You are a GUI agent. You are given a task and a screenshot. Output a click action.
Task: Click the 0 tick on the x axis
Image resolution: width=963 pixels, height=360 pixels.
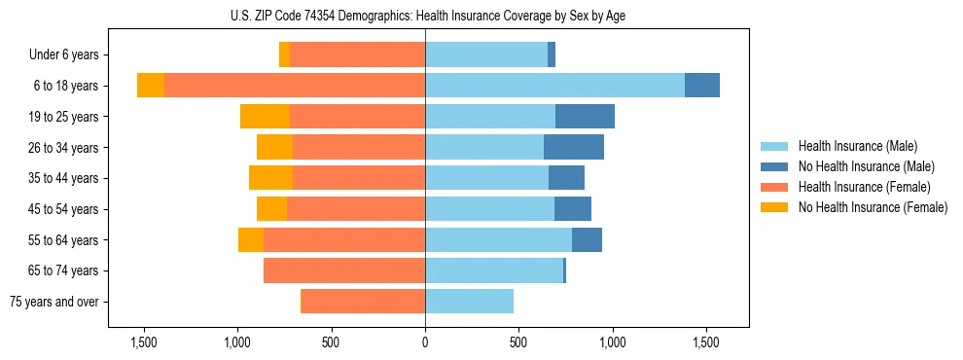425,343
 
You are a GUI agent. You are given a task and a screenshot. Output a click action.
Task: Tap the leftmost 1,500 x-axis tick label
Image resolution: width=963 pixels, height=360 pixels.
144,343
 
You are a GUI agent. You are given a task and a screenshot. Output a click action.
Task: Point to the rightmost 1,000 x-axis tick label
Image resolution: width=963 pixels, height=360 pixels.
612,343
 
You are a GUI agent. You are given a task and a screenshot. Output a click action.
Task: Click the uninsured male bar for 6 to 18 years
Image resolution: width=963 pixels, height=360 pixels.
702,86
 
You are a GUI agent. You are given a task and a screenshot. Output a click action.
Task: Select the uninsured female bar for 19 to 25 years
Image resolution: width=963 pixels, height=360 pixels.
265,117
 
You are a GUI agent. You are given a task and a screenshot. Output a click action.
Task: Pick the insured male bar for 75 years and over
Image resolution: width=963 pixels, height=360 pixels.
469,302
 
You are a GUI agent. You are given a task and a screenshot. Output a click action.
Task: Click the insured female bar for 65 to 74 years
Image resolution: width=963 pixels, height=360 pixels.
344,270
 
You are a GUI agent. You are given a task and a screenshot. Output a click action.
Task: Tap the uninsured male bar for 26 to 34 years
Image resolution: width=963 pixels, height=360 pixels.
574,148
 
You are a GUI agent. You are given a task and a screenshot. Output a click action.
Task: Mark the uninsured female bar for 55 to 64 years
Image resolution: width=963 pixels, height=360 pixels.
251,240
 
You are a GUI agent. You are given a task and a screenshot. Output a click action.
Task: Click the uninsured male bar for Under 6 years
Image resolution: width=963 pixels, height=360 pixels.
552,55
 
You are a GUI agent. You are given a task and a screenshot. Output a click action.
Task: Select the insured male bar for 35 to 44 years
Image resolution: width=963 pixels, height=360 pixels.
486,178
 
